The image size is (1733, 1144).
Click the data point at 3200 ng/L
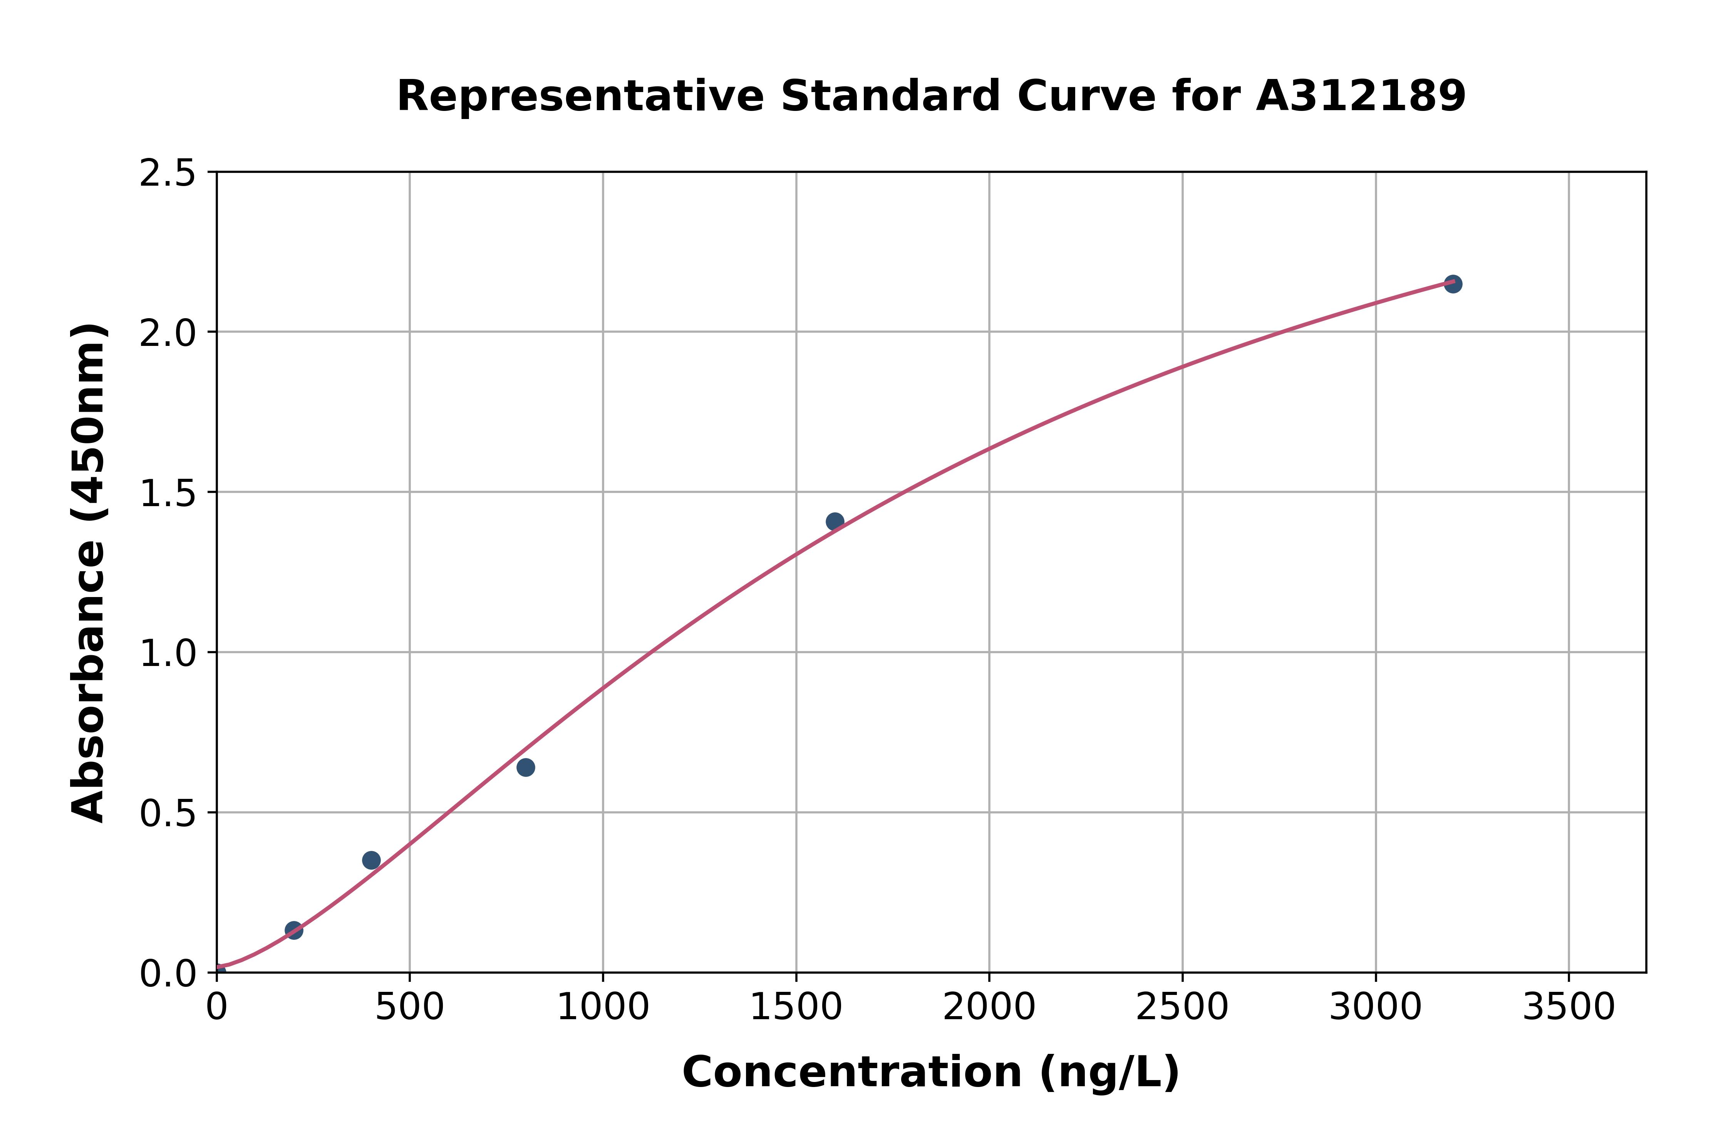(1452, 284)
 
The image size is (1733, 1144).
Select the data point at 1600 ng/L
(835, 521)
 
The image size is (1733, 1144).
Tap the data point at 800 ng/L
(525, 767)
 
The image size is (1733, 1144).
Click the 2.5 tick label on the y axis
(168, 174)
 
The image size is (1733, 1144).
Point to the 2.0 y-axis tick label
(168, 334)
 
